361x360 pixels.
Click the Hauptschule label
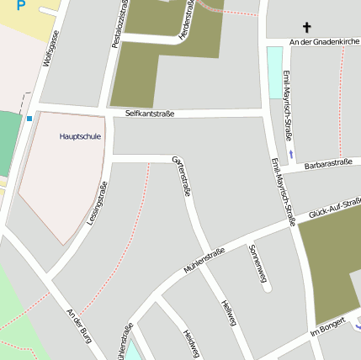click(x=81, y=135)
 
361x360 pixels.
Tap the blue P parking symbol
click(x=21, y=4)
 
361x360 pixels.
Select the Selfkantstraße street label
click(x=149, y=113)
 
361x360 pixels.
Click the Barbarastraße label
click(x=327, y=164)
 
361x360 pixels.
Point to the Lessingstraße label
click(x=98, y=203)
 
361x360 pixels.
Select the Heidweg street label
click(x=190, y=343)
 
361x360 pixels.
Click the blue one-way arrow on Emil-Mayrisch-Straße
click(x=291, y=153)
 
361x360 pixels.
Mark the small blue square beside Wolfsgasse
click(x=29, y=119)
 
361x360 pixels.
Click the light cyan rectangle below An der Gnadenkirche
click(x=274, y=72)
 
